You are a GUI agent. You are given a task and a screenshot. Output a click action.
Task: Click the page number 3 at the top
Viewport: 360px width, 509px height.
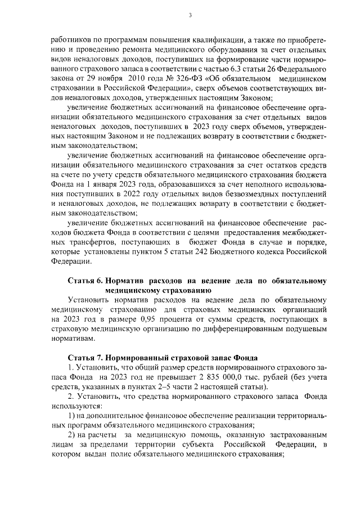[x=191, y=15]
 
